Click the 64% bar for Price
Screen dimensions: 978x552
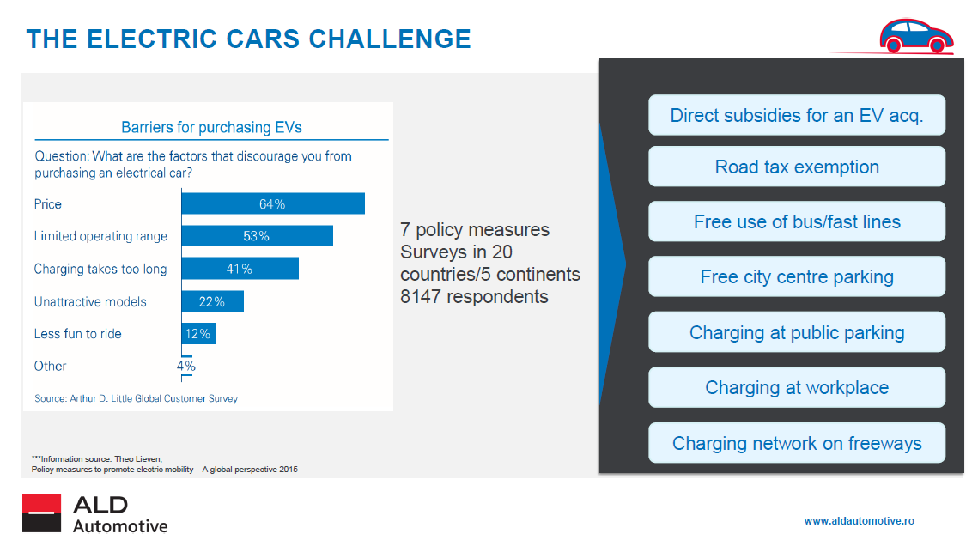point(273,204)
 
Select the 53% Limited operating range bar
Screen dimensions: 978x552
point(257,236)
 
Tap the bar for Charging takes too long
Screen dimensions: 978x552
point(240,269)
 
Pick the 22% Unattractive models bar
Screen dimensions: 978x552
point(213,301)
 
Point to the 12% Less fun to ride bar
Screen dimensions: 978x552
point(198,334)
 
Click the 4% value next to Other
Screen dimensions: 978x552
point(185,366)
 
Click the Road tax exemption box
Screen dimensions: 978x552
point(797,167)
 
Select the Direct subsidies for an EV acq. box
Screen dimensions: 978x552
point(797,115)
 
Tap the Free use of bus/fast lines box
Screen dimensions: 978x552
point(797,221)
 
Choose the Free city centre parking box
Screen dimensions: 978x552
point(797,276)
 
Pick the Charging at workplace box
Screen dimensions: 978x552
point(797,387)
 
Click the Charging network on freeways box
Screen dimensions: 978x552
point(797,443)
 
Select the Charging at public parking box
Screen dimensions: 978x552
point(797,332)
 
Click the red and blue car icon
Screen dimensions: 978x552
point(916,36)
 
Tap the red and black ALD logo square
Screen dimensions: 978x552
point(42,513)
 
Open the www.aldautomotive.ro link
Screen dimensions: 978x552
point(859,521)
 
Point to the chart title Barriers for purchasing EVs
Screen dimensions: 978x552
point(211,127)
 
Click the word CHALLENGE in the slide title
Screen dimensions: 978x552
point(390,39)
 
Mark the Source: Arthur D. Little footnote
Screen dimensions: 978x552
point(136,398)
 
